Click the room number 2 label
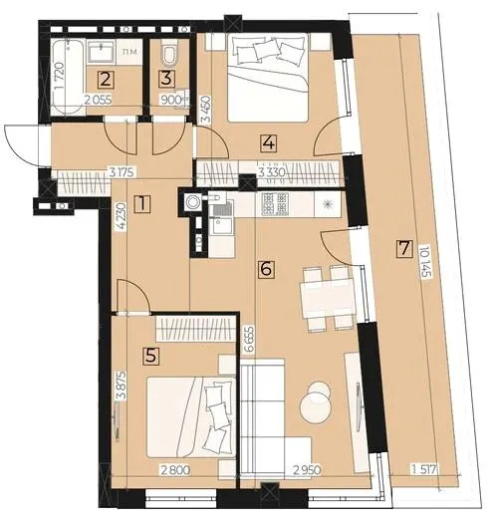(106, 80)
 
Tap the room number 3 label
(167, 79)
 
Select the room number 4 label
(269, 143)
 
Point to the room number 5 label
(151, 357)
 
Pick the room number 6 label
(266, 269)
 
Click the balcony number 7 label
(404, 249)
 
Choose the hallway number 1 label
(142, 204)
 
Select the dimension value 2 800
(175, 470)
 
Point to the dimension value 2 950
(306, 470)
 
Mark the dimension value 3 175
(122, 172)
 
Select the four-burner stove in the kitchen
(275, 203)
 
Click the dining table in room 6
(327, 298)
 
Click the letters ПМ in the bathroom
(127, 52)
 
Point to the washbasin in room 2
(102, 52)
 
